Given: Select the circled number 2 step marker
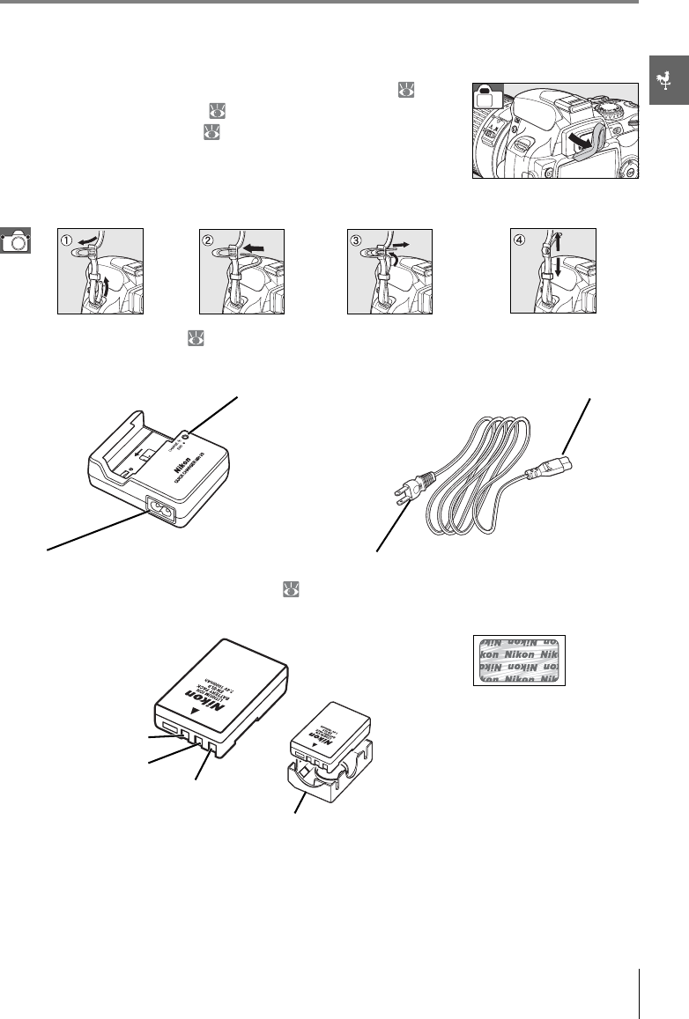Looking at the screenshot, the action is pyautogui.click(x=208, y=237).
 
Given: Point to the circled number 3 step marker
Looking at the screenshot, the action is pyautogui.click(x=356, y=237).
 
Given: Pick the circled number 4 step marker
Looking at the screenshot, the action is pyautogui.click(x=521, y=237).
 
